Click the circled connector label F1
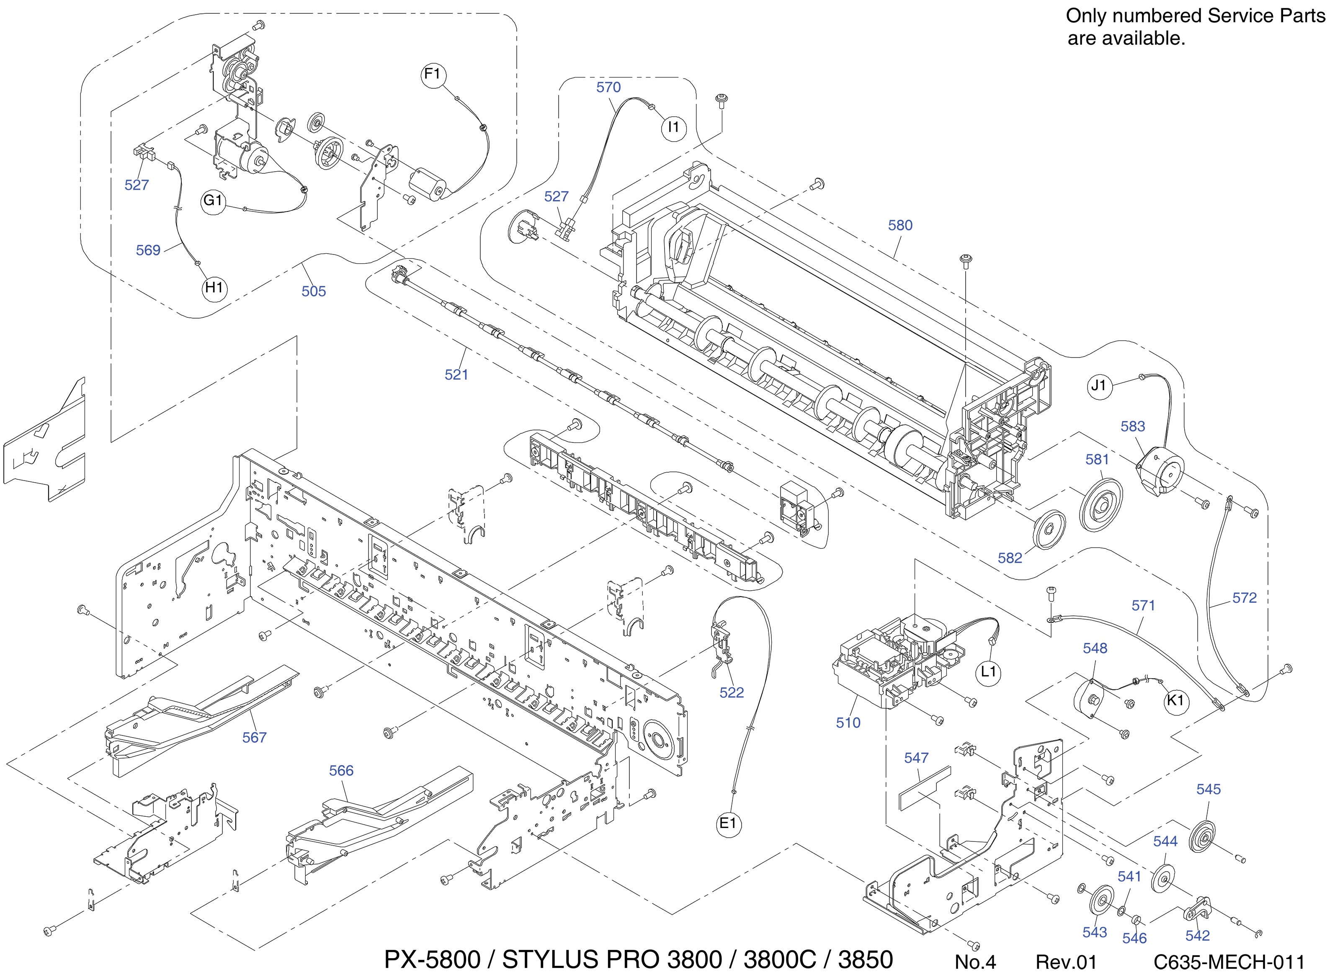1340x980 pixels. (x=433, y=75)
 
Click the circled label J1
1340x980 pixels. (x=1099, y=386)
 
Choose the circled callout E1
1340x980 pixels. (x=728, y=823)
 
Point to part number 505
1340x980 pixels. (x=313, y=291)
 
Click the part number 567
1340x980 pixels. (x=255, y=737)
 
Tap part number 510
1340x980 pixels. (x=848, y=723)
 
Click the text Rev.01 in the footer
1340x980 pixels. (x=1066, y=962)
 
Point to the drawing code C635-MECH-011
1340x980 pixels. (x=1229, y=962)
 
